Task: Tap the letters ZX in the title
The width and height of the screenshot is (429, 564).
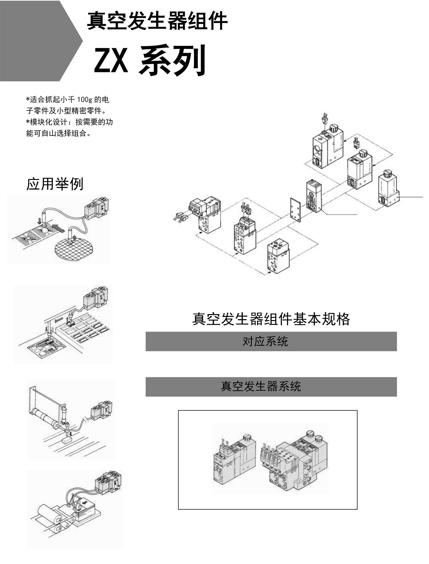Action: coord(111,60)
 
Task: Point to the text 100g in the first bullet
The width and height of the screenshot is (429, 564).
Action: coord(82,100)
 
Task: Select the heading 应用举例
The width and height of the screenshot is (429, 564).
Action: coord(55,184)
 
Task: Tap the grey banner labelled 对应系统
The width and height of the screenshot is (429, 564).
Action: coord(271,341)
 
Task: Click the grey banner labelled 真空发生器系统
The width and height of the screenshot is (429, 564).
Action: coord(271,387)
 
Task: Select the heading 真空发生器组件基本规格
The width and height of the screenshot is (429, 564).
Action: coord(271,319)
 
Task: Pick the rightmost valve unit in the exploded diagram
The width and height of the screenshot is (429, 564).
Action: coord(389,191)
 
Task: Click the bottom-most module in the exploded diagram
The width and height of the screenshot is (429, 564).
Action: coord(278,256)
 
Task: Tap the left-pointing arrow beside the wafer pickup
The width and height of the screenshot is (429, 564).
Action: coord(58,228)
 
